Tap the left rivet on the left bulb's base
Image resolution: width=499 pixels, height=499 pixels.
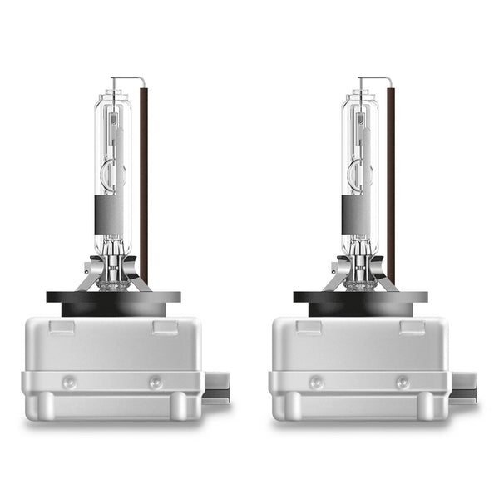[x=70, y=382]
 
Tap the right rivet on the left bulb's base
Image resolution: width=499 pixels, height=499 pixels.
[x=155, y=382]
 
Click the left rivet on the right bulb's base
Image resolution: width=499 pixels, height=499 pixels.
[x=317, y=382]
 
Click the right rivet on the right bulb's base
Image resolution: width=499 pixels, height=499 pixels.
[x=402, y=382]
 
